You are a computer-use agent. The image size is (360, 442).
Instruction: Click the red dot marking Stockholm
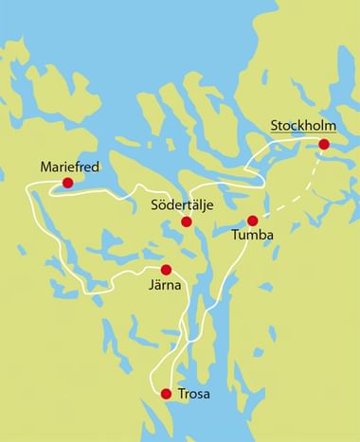click(324, 145)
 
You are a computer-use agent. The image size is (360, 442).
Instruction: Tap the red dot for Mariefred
click(67, 183)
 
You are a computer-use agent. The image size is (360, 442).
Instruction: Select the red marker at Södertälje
click(187, 222)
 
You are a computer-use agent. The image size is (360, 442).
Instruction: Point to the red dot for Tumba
click(252, 220)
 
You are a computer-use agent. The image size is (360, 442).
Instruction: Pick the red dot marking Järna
click(166, 270)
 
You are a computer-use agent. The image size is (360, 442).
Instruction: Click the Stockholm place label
click(303, 125)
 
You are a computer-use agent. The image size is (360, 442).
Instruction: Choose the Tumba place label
click(251, 239)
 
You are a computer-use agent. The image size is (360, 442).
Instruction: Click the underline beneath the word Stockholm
click(303, 133)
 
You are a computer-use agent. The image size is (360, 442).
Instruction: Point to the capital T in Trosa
click(183, 394)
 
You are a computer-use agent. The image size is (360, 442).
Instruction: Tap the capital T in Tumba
click(234, 239)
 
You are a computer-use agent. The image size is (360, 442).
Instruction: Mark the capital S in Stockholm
click(275, 125)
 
